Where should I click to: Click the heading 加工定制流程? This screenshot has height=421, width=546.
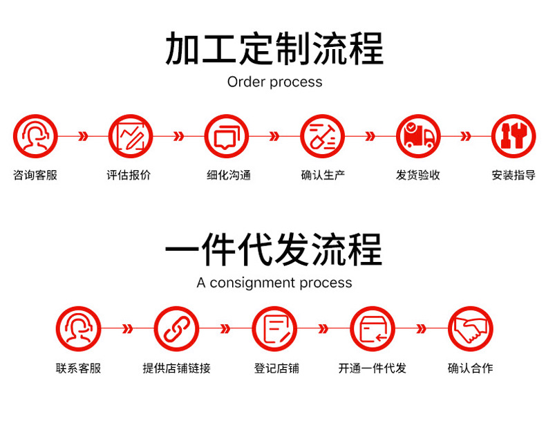pyautogui.click(x=274, y=48)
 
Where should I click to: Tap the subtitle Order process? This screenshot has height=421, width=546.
pyautogui.click(x=274, y=82)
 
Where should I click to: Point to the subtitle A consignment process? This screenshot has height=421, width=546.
pyautogui.click(x=274, y=283)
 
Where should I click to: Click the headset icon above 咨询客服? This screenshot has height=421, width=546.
pyautogui.click(x=35, y=136)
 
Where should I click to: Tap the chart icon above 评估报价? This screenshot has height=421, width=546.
pyautogui.click(x=130, y=136)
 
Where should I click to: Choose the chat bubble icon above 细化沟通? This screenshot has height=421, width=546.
pyautogui.click(x=226, y=136)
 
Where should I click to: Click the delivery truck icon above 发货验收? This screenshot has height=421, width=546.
pyautogui.click(x=418, y=136)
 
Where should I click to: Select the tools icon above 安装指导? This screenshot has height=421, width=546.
pyautogui.click(x=514, y=136)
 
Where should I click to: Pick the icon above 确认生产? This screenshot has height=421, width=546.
pyautogui.click(x=322, y=136)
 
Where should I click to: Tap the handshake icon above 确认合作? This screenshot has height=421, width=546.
pyautogui.click(x=471, y=328)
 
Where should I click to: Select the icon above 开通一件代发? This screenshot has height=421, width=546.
pyautogui.click(x=372, y=328)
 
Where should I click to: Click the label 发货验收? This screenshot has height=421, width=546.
pyautogui.click(x=418, y=175)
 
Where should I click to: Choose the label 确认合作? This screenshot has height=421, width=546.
pyautogui.click(x=471, y=368)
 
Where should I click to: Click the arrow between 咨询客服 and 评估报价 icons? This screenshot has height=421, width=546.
pyautogui.click(x=83, y=136)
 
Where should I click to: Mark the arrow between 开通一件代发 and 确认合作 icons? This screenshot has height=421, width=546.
pyautogui.click(x=422, y=328)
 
